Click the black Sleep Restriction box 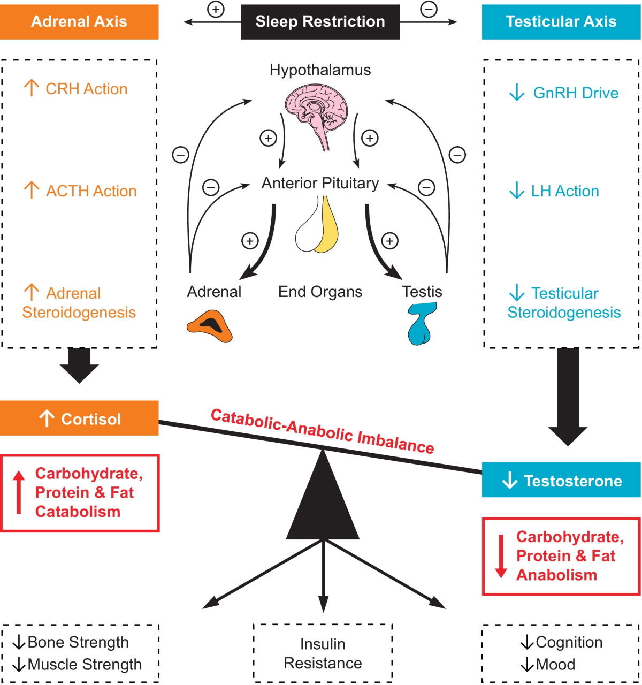click(x=320, y=22)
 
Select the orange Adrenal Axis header click(x=79, y=22)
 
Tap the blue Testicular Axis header click(x=561, y=22)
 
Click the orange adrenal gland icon click(x=210, y=326)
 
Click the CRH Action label click(x=86, y=89)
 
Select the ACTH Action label click(x=91, y=191)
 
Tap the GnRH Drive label click(x=575, y=93)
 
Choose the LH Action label click(x=564, y=191)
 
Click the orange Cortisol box click(x=79, y=418)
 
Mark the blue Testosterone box click(x=561, y=481)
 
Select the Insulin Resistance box click(x=323, y=653)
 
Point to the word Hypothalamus click(x=320, y=70)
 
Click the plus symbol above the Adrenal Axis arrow click(x=216, y=9)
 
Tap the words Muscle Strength click(x=85, y=665)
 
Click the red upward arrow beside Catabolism click(x=19, y=492)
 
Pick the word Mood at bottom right click(x=555, y=665)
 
